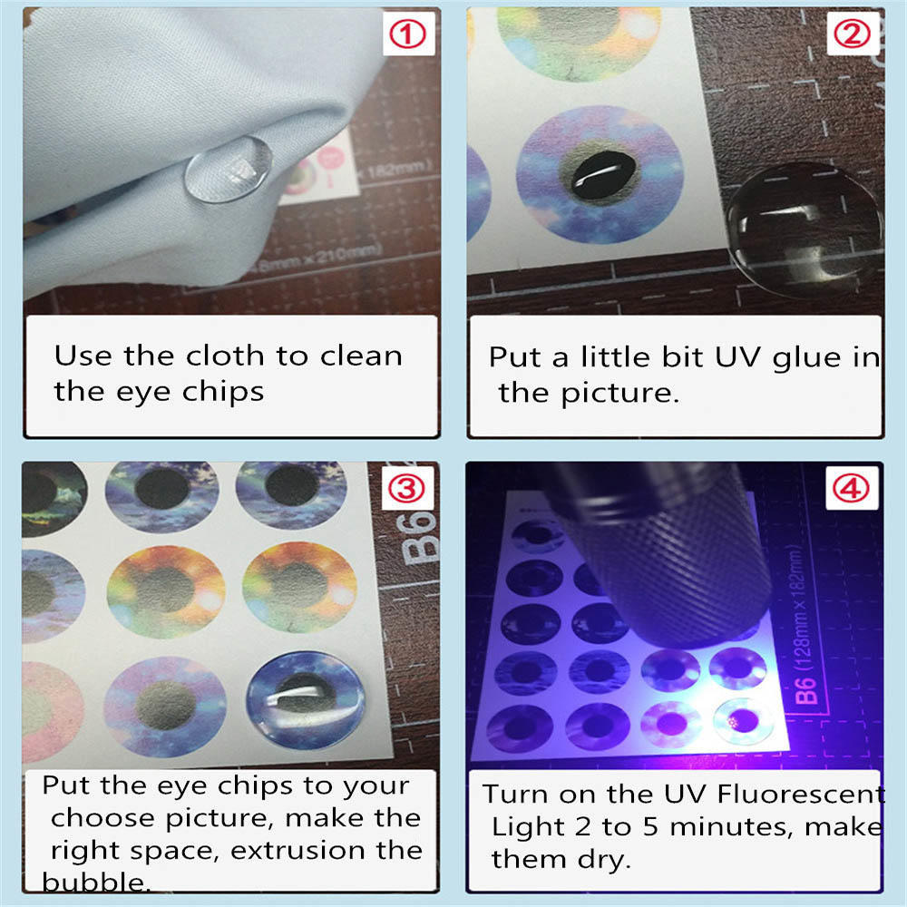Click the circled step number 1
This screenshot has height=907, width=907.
coord(407,34)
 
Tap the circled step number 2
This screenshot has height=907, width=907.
coord(852,34)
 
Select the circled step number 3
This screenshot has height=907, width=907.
coord(406,489)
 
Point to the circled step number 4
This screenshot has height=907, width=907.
coord(851,489)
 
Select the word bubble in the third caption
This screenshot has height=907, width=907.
coord(95,883)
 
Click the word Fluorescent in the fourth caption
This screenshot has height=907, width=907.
coord(800,794)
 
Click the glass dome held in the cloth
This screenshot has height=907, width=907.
coord(229,169)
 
